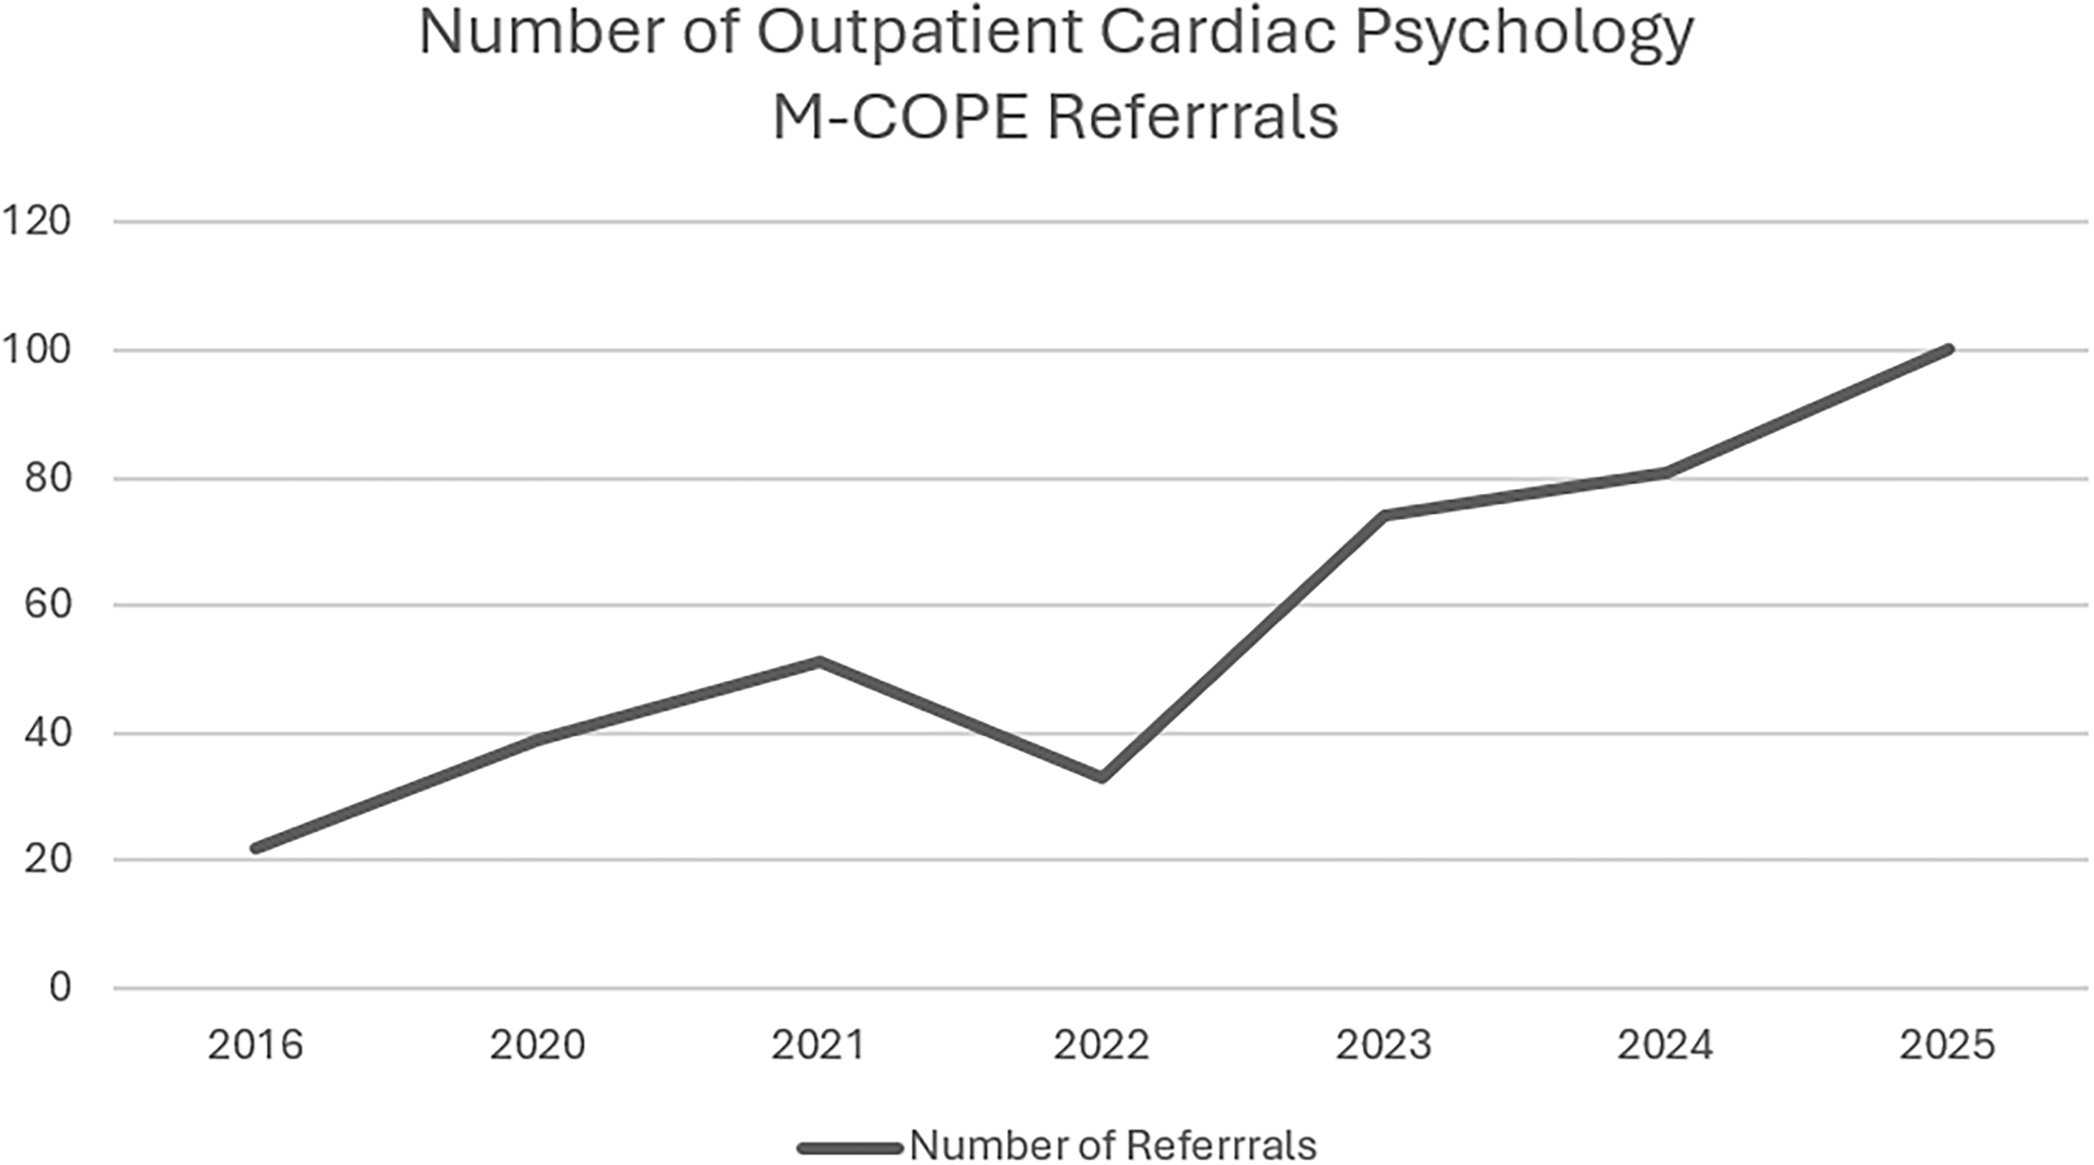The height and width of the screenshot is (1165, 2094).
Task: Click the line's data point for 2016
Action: click(256, 849)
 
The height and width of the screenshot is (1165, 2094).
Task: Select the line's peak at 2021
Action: click(820, 662)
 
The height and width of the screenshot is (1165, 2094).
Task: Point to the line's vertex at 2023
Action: click(1384, 514)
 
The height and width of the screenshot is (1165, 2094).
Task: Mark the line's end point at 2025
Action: click(1949, 349)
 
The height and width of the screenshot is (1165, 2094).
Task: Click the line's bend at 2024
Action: click(1667, 471)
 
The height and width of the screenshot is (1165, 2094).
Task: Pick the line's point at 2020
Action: click(539, 739)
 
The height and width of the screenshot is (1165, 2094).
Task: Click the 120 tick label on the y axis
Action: click(36, 221)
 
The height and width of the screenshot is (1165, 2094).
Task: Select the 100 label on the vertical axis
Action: click(36, 350)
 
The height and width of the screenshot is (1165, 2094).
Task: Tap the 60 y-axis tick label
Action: click(47, 605)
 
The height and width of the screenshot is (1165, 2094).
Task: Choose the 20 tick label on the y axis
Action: click(47, 860)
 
